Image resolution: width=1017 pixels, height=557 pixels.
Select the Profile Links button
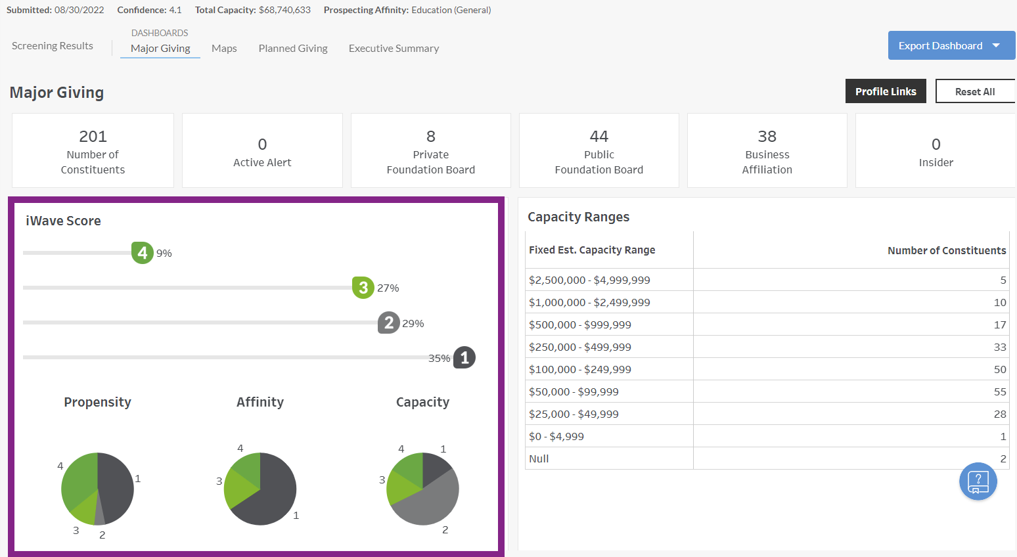coord(885,91)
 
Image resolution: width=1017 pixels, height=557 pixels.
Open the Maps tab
coord(224,49)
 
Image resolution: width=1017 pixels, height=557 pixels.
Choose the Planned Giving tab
coord(293,49)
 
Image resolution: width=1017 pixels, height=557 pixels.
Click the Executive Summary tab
coord(394,49)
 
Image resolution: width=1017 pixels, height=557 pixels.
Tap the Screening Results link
coord(53,46)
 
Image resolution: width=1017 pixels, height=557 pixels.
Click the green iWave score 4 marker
coord(143,253)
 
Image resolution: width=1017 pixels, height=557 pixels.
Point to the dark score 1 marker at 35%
coord(464,358)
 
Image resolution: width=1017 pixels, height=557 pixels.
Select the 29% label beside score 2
coord(413,323)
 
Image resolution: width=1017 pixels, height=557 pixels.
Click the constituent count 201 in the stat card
coord(93,137)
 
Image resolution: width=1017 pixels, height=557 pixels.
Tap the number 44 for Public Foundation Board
coord(599,137)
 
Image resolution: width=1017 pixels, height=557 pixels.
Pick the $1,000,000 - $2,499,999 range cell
coord(589,302)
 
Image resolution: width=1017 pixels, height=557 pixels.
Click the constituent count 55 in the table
coord(999,391)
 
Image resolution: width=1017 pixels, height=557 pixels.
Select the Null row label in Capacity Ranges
coord(539,458)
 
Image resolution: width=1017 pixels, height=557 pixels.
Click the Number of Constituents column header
coord(946,250)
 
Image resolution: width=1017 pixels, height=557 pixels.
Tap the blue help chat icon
coord(978,481)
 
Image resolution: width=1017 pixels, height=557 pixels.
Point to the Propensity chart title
coord(97,402)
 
